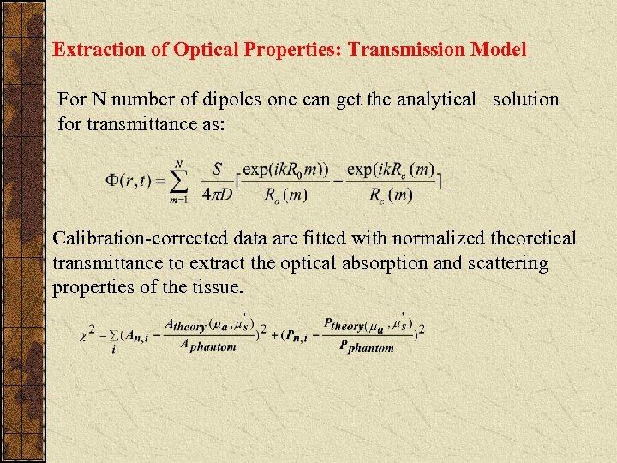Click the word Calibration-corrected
[x=143, y=238]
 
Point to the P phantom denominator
[x=366, y=346]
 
